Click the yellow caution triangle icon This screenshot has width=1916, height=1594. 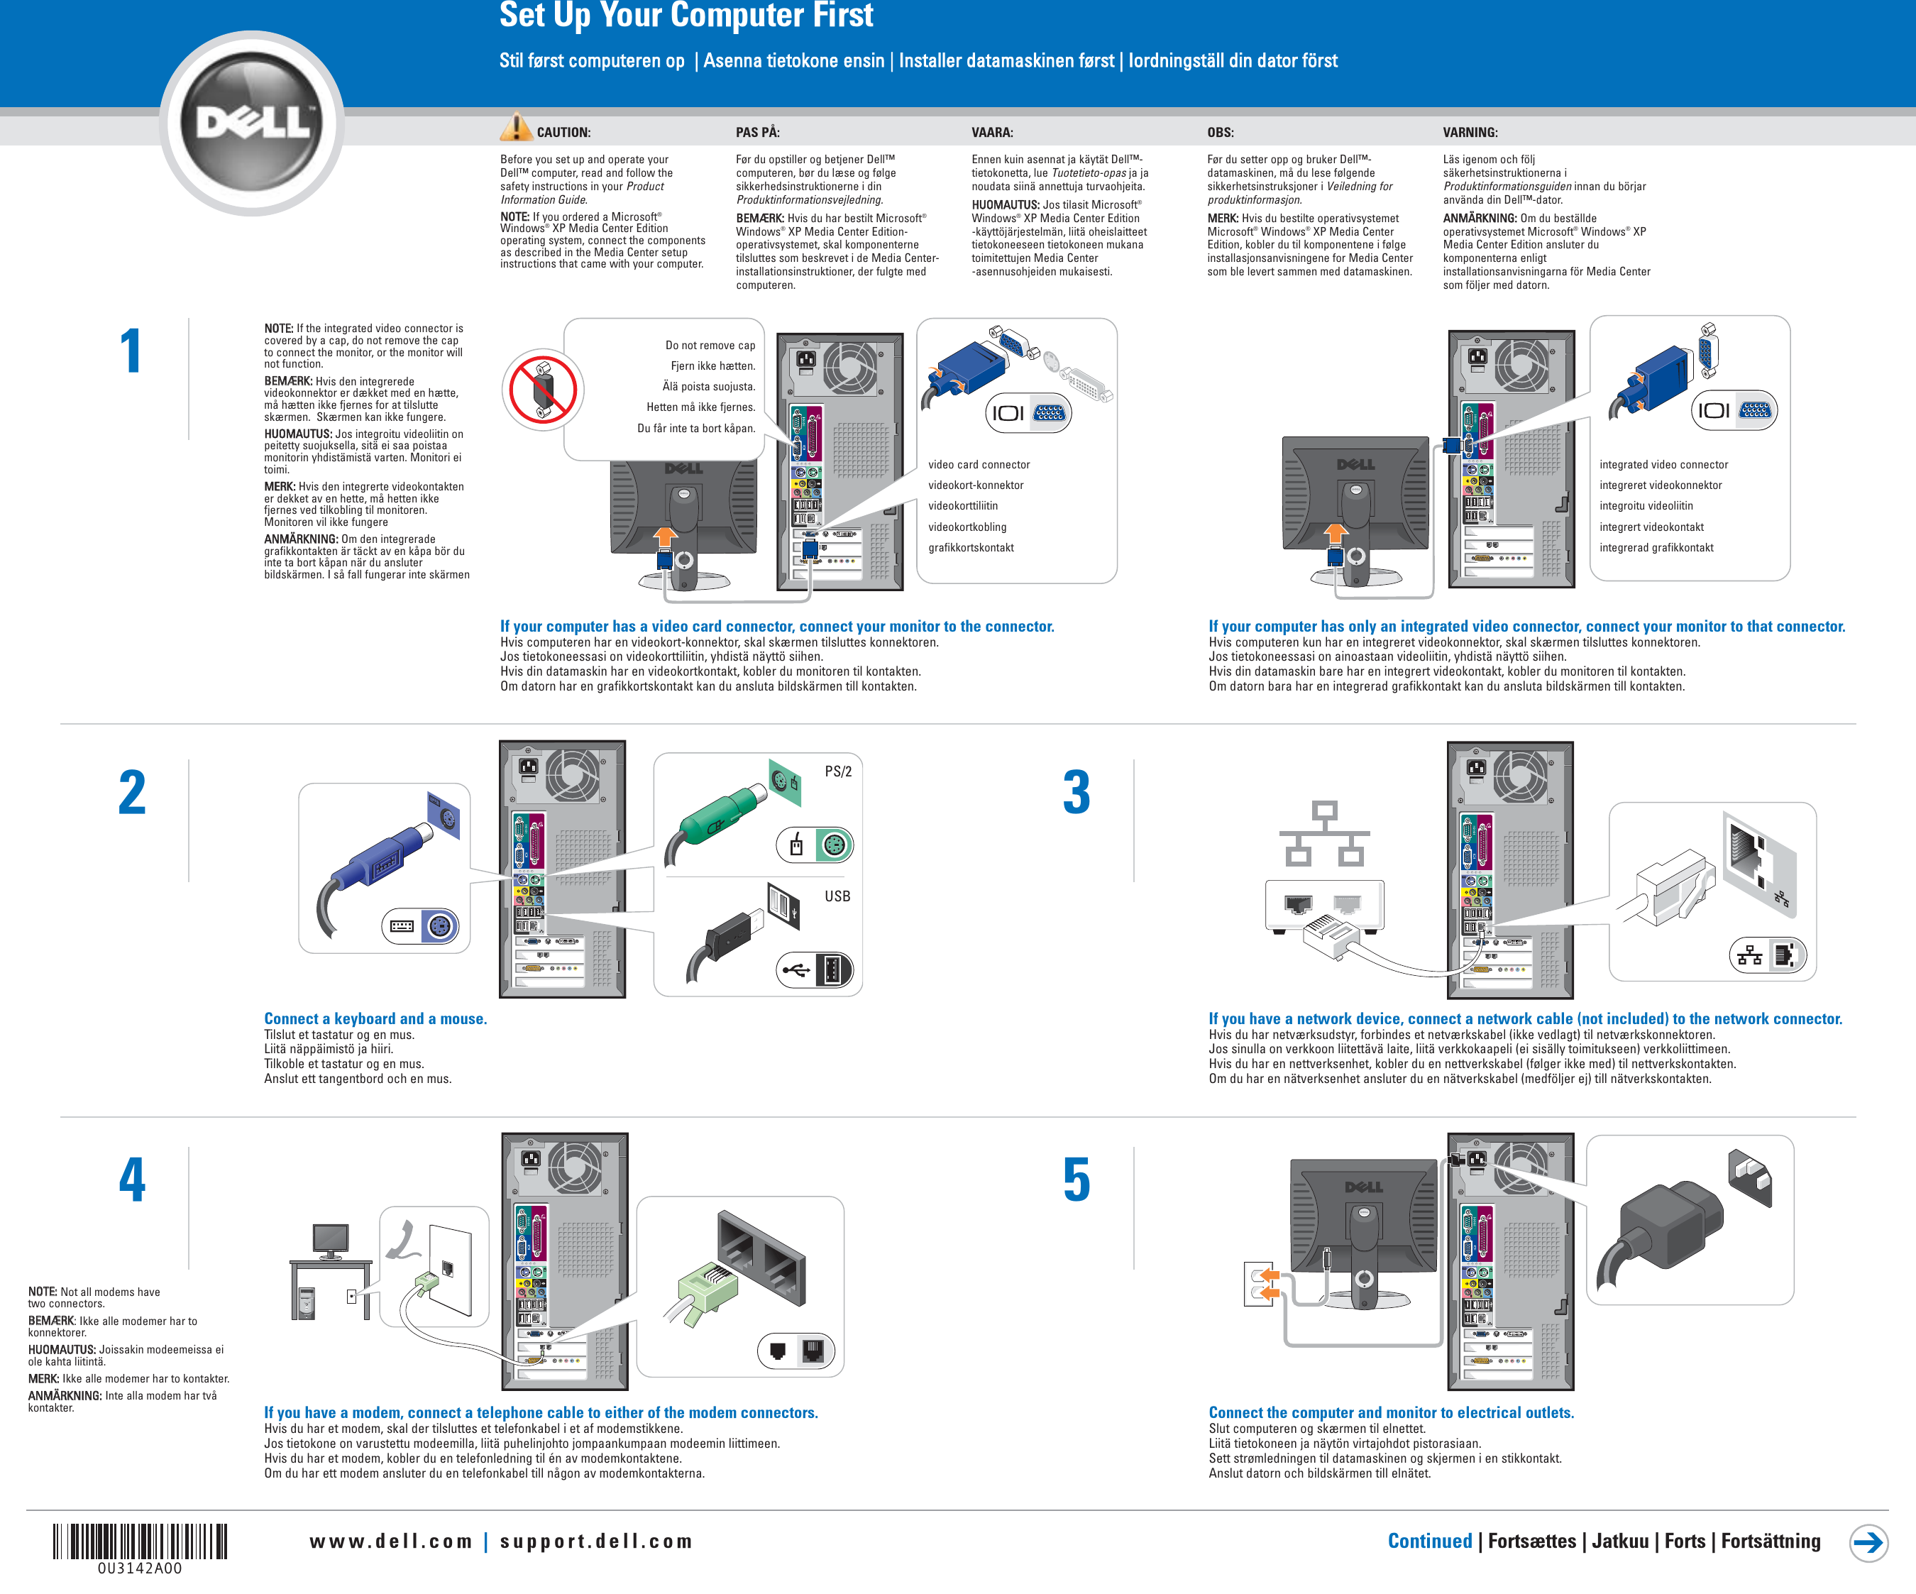pyautogui.click(x=515, y=128)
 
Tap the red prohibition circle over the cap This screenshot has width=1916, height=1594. pyautogui.click(x=543, y=390)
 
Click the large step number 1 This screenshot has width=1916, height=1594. pyautogui.click(x=131, y=351)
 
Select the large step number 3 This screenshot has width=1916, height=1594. pyautogui.click(x=1077, y=792)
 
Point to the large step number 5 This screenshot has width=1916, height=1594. pyautogui.click(x=1077, y=1180)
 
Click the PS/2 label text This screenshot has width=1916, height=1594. pyautogui.click(x=837, y=771)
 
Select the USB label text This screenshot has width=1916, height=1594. pyautogui.click(x=837, y=896)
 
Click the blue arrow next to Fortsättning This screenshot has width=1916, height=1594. pyautogui.click(x=1868, y=1542)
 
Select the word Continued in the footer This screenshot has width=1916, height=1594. pyautogui.click(x=1428, y=1541)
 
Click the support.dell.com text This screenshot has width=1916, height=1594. pyautogui.click(x=596, y=1541)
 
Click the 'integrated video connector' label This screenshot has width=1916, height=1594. pyautogui.click(x=1663, y=464)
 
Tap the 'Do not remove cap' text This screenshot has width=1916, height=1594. pyautogui.click(x=710, y=345)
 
